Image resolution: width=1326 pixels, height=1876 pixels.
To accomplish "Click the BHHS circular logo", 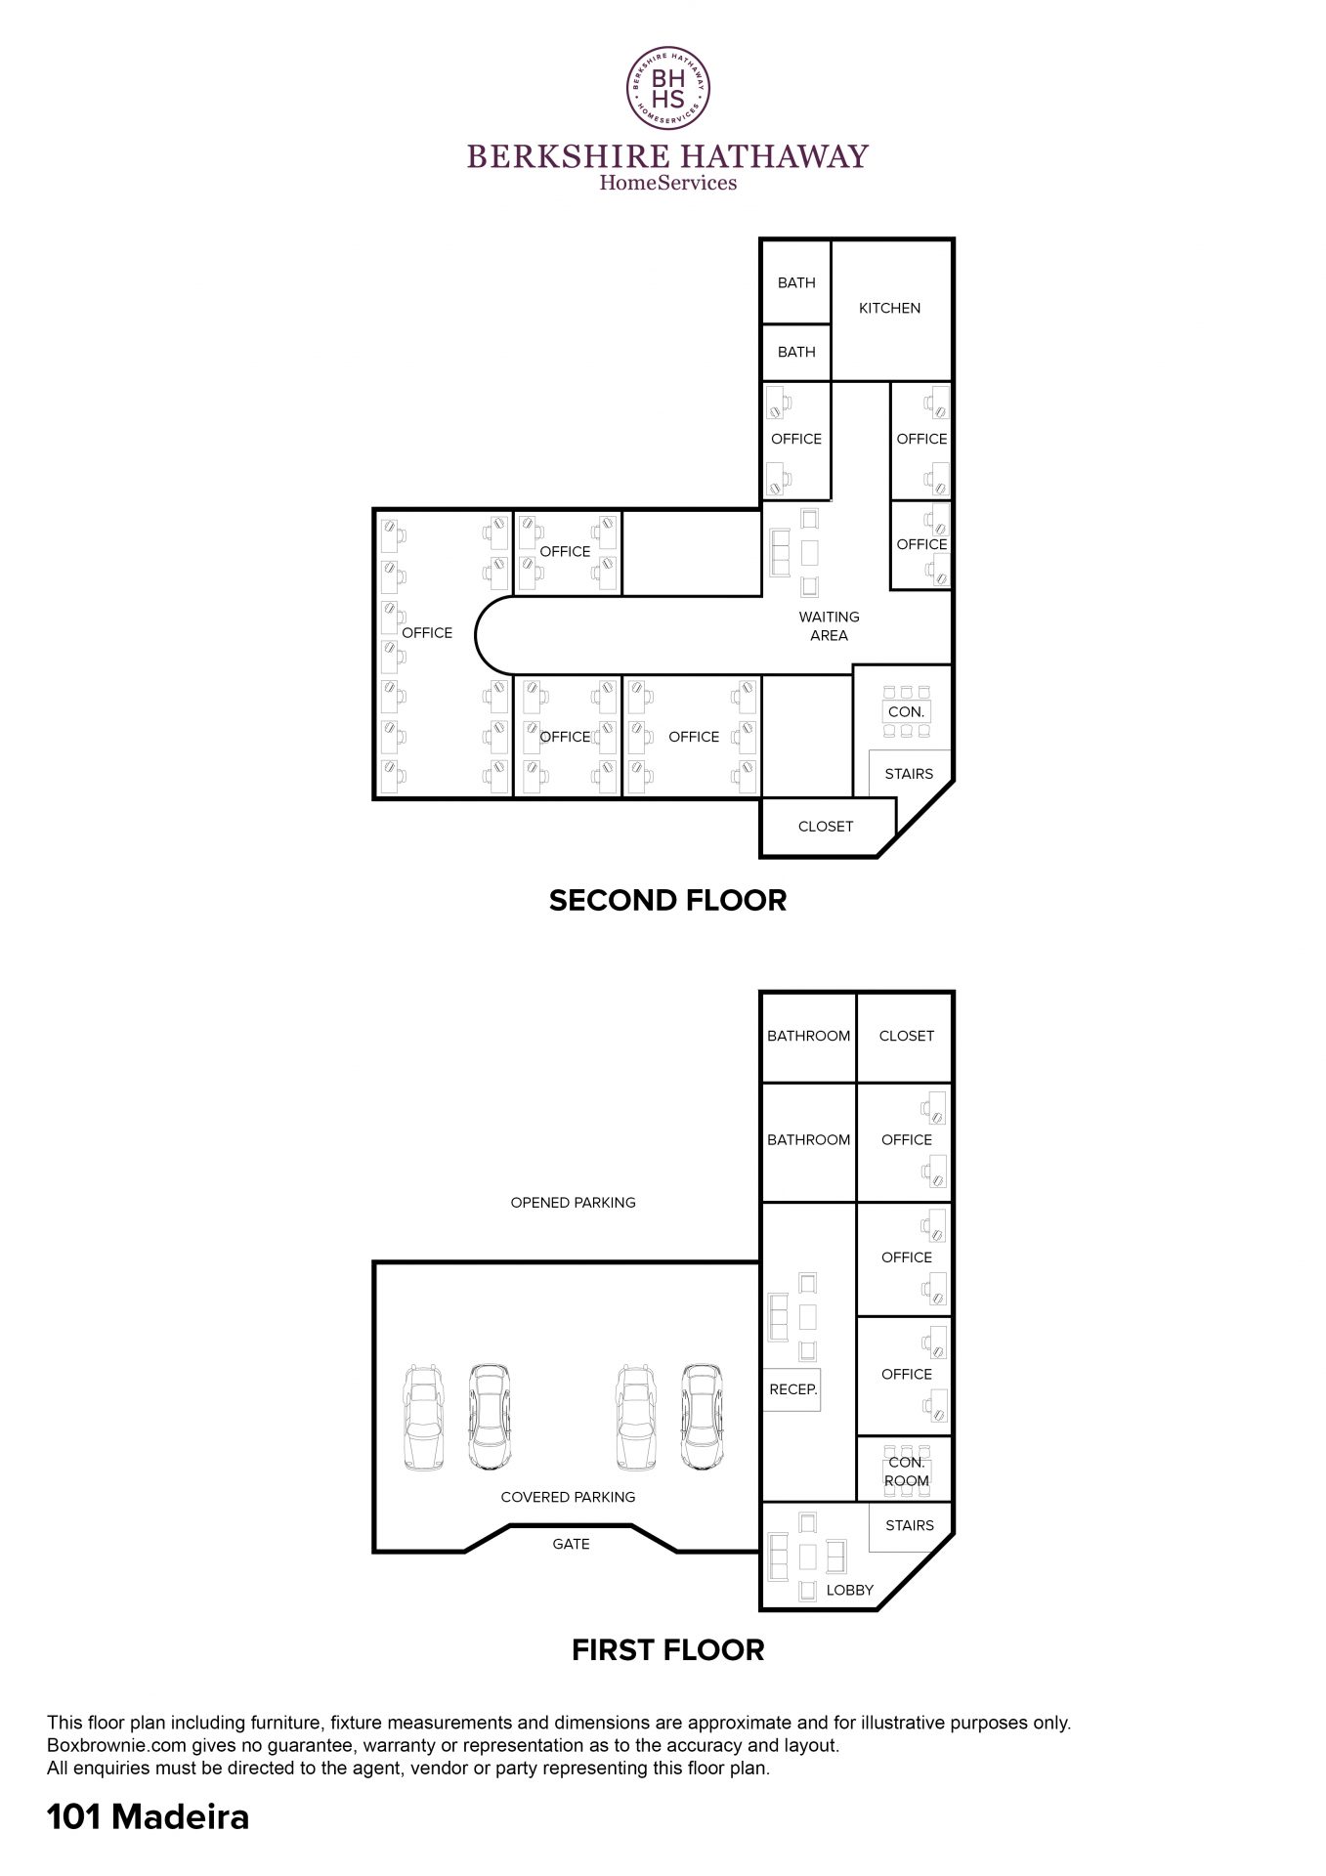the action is point(667,89).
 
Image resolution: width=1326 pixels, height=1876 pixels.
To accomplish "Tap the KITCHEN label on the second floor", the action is point(889,308).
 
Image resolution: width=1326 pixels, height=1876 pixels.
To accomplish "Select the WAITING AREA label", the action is point(829,625).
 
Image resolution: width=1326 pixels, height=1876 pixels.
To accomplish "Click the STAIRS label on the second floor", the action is point(909,774).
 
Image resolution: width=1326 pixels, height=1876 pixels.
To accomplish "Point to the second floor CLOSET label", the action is point(826,827).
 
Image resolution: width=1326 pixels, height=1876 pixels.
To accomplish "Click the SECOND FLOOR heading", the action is point(667,900).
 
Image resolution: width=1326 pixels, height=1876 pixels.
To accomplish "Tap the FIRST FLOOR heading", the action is point(667,1650).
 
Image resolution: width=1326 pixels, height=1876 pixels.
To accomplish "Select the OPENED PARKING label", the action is point(573,1203).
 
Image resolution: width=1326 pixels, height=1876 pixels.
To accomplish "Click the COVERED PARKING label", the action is point(568,1497).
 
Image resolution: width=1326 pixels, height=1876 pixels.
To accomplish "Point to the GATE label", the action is point(571,1544).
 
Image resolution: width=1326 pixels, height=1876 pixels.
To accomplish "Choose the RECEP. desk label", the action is point(792,1388).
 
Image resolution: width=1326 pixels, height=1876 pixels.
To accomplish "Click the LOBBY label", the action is point(849,1590).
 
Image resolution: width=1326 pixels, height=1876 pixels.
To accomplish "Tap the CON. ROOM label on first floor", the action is point(907,1471).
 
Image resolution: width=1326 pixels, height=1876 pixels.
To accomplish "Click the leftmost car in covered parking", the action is point(424,1417).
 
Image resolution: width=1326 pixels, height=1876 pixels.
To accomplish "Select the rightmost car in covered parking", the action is point(702,1417).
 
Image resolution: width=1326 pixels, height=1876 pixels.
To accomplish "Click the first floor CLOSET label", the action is point(907,1036).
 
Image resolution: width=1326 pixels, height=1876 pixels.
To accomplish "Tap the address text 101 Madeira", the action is point(149,1817).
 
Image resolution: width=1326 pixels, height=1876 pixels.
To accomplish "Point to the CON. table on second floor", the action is point(907,712).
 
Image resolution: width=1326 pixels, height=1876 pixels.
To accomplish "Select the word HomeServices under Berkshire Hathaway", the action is point(667,182).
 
